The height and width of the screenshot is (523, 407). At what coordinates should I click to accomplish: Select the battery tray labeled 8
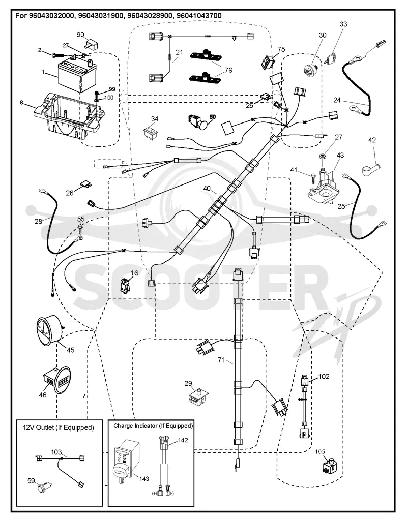click(x=67, y=115)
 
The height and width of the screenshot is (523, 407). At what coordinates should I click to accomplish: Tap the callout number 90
click(x=80, y=35)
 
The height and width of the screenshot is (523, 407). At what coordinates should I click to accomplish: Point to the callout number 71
click(x=222, y=359)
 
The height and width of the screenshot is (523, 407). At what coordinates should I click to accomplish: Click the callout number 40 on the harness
click(x=207, y=189)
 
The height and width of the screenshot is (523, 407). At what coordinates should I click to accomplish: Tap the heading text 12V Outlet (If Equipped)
click(x=59, y=427)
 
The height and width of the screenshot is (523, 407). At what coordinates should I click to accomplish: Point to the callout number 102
click(x=324, y=377)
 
